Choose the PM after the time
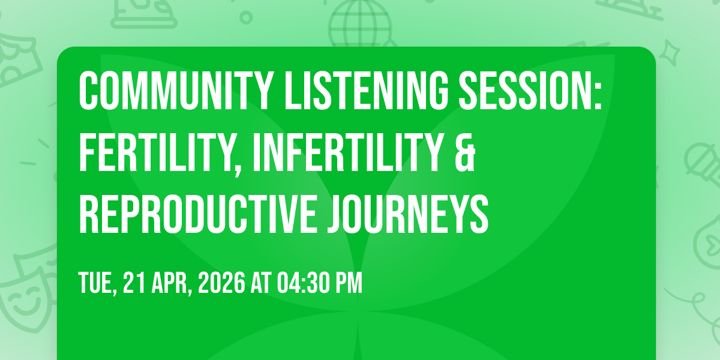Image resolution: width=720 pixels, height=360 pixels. pos(350,283)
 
